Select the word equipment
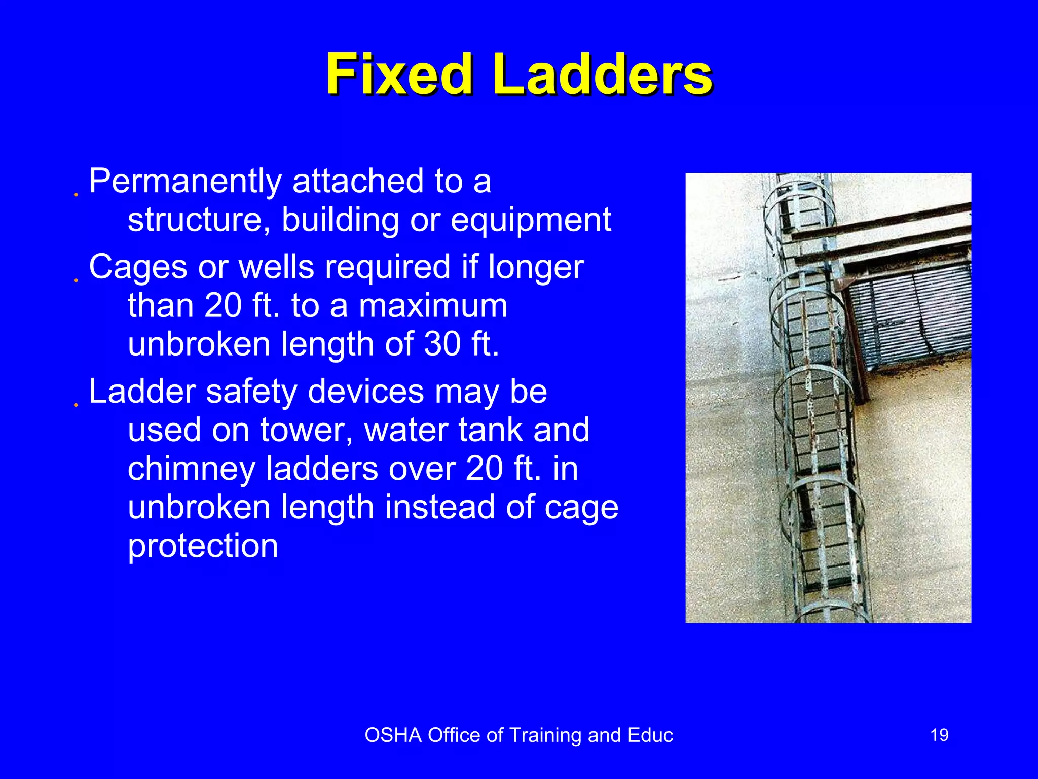pos(531,220)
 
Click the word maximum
pos(433,306)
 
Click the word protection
pos(203,546)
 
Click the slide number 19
pos(939,735)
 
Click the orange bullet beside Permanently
pos(76,195)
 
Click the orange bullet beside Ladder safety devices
pos(76,405)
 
